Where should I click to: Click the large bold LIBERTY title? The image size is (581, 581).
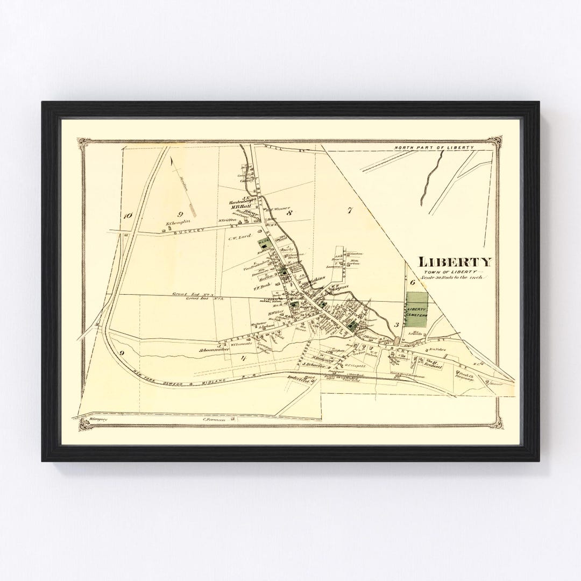point(455,263)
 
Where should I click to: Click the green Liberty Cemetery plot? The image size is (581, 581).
point(417,309)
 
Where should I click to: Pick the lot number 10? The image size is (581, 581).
point(127,216)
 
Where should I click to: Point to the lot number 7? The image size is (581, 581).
point(349,210)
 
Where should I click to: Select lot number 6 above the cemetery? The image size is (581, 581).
point(413,282)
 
